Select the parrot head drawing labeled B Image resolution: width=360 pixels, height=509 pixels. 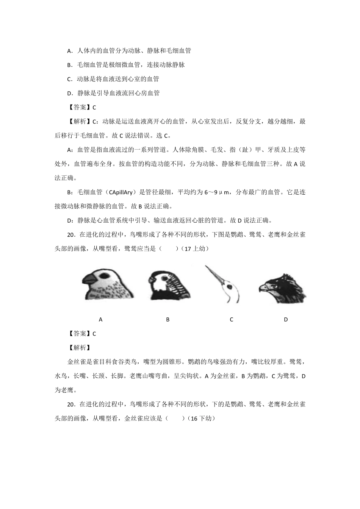[x=168, y=285]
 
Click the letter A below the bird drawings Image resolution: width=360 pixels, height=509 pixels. [x=101, y=320]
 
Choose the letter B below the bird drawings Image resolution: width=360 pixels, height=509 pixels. [x=168, y=320]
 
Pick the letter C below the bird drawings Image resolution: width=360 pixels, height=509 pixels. [x=232, y=320]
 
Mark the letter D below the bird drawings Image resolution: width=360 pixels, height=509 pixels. [x=286, y=320]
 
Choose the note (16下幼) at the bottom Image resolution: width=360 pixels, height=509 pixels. [x=201, y=418]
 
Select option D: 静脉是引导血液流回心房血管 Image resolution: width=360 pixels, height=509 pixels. [x=113, y=93]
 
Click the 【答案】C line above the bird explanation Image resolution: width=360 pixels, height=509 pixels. [x=82, y=334]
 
